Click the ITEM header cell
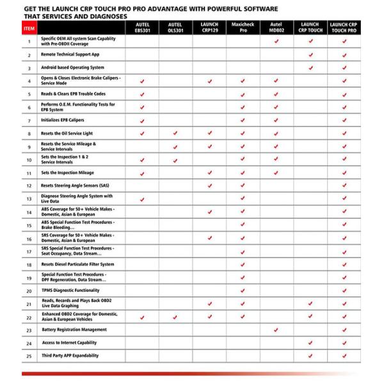click(29, 29)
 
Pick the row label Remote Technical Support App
click(70, 55)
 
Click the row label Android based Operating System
click(72, 67)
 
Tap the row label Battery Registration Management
click(74, 330)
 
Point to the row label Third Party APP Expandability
click(71, 356)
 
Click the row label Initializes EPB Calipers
click(63, 120)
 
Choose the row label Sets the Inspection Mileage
click(67, 173)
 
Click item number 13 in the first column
click(29, 199)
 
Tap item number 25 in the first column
click(29, 356)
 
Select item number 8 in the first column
click(29, 133)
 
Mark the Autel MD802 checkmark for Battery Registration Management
click(276, 330)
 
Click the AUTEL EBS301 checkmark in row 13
click(142, 199)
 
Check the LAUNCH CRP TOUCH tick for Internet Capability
click(310, 343)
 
